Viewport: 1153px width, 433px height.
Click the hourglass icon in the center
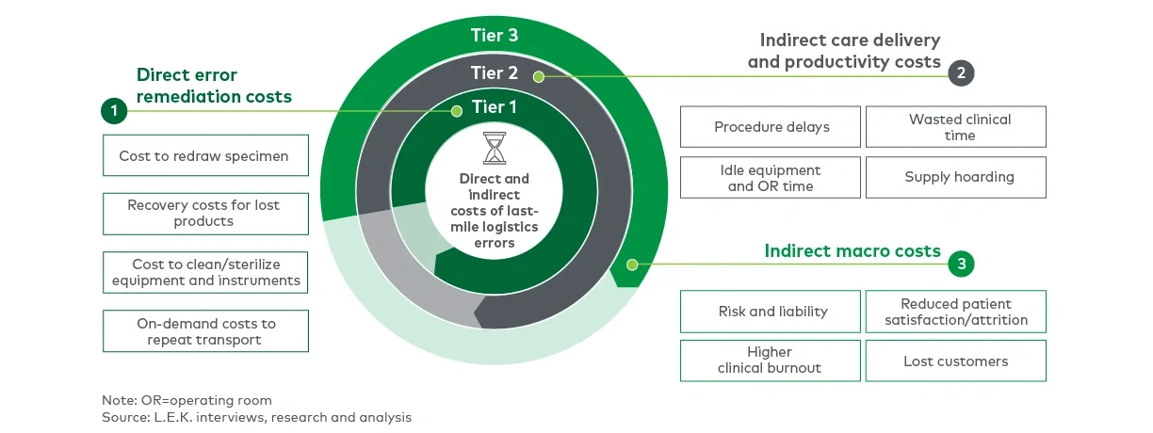tap(495, 149)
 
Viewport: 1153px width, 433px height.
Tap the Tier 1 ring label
tap(494, 107)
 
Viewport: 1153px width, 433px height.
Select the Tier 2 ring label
tap(494, 73)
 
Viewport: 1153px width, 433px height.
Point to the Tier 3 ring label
tap(494, 36)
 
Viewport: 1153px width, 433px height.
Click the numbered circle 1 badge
tap(114, 112)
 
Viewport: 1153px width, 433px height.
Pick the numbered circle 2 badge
tap(960, 73)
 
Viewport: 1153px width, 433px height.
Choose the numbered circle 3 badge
tap(961, 265)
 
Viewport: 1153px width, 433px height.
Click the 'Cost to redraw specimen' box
tap(204, 156)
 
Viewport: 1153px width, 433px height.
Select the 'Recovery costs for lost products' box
tap(204, 213)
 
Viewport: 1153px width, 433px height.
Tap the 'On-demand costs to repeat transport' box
tap(204, 331)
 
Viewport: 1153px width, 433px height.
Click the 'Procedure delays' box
tap(771, 127)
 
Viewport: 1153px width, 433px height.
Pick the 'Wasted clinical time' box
tap(955, 127)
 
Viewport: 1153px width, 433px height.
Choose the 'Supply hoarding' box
tap(955, 177)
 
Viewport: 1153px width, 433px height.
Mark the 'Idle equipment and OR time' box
tap(771, 177)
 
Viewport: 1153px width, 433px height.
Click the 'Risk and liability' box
tap(771, 312)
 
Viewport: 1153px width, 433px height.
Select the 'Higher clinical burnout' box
tap(771, 361)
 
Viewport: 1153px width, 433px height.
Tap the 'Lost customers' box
tap(955, 361)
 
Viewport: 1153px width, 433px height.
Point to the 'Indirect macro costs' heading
tap(853, 251)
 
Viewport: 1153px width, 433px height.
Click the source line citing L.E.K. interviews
tap(256, 416)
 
